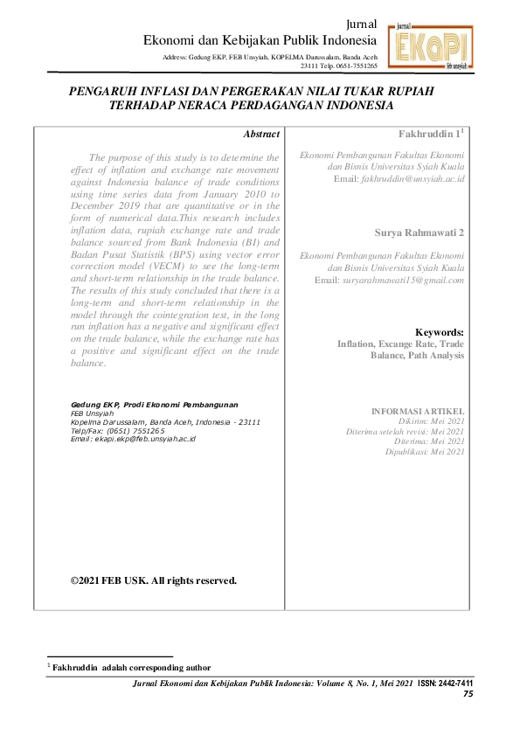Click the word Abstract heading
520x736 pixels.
click(261, 135)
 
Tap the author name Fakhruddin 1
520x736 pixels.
click(431, 134)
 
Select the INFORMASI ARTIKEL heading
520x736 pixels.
click(418, 410)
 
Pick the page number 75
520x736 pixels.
click(468, 693)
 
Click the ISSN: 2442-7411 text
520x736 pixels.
click(446, 683)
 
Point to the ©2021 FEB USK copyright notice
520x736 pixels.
click(153, 580)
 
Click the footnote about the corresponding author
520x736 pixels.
click(131, 667)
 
